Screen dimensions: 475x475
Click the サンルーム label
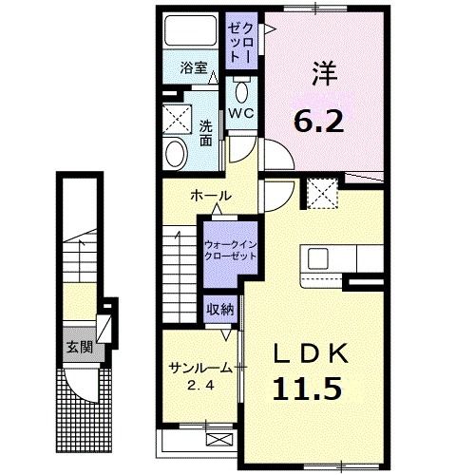(196, 369)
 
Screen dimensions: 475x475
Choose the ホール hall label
(209, 195)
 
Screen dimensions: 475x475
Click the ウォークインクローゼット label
(230, 250)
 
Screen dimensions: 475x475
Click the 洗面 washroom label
(206, 132)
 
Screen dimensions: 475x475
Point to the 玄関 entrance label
(77, 346)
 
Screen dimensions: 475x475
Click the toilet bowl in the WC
(241, 93)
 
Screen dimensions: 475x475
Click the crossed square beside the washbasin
(176, 120)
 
